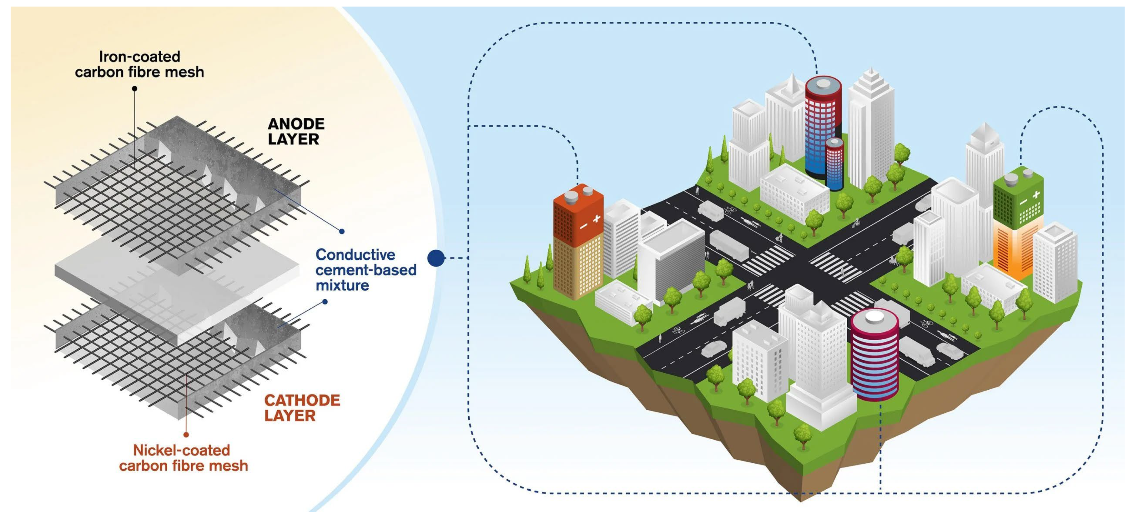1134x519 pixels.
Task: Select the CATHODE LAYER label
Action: [302, 408]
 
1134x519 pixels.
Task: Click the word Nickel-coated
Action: [181, 450]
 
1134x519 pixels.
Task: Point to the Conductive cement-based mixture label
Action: [365, 270]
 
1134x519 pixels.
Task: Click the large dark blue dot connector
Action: [436, 258]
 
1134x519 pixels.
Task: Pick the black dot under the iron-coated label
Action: [135, 88]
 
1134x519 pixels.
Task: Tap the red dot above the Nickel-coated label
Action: [186, 435]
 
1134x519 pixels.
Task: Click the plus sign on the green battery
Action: [1036, 194]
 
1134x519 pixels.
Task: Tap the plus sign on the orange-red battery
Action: [597, 219]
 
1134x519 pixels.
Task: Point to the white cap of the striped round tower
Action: [874, 316]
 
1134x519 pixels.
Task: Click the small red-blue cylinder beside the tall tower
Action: [834, 164]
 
